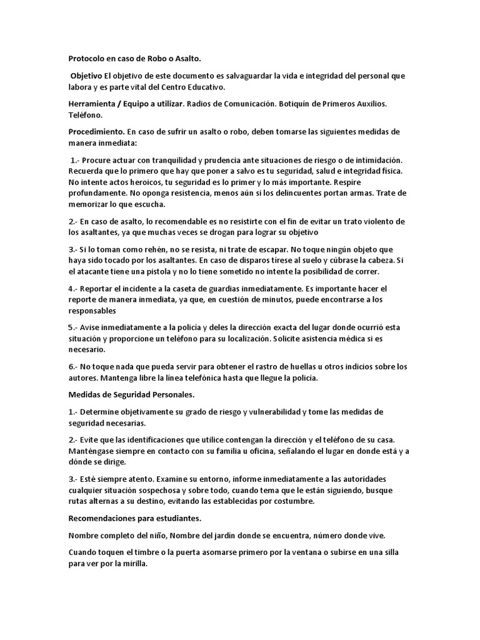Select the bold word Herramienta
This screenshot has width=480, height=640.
point(95,103)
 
